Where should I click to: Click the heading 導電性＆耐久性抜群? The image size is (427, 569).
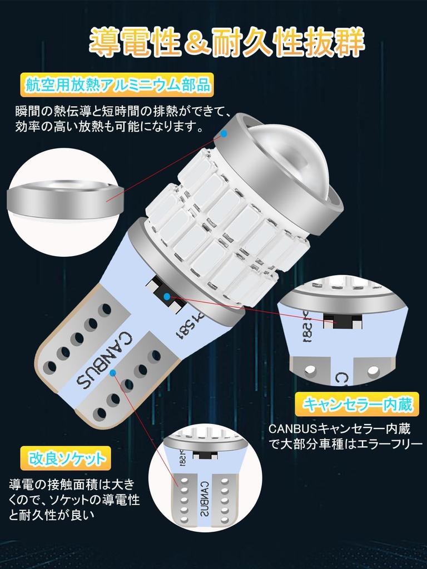[x=227, y=42]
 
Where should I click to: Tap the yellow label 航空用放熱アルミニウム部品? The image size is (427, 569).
[x=117, y=86]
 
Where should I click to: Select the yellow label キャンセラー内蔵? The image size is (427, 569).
[x=356, y=405]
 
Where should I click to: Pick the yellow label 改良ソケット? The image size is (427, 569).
[x=65, y=458]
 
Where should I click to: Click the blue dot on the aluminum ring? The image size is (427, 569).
[x=224, y=133]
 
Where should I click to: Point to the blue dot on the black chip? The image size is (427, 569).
[x=167, y=297]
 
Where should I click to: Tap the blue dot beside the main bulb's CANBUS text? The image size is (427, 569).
[x=113, y=372]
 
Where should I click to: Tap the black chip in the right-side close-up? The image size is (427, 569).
[x=342, y=319]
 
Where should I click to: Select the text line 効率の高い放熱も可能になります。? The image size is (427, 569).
[x=109, y=127]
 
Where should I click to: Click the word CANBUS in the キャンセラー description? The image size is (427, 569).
[x=293, y=429]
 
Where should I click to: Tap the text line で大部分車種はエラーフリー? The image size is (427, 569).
[x=346, y=444]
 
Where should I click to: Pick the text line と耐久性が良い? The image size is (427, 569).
[x=52, y=514]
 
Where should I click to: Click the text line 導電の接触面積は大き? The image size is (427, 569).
[x=72, y=484]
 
